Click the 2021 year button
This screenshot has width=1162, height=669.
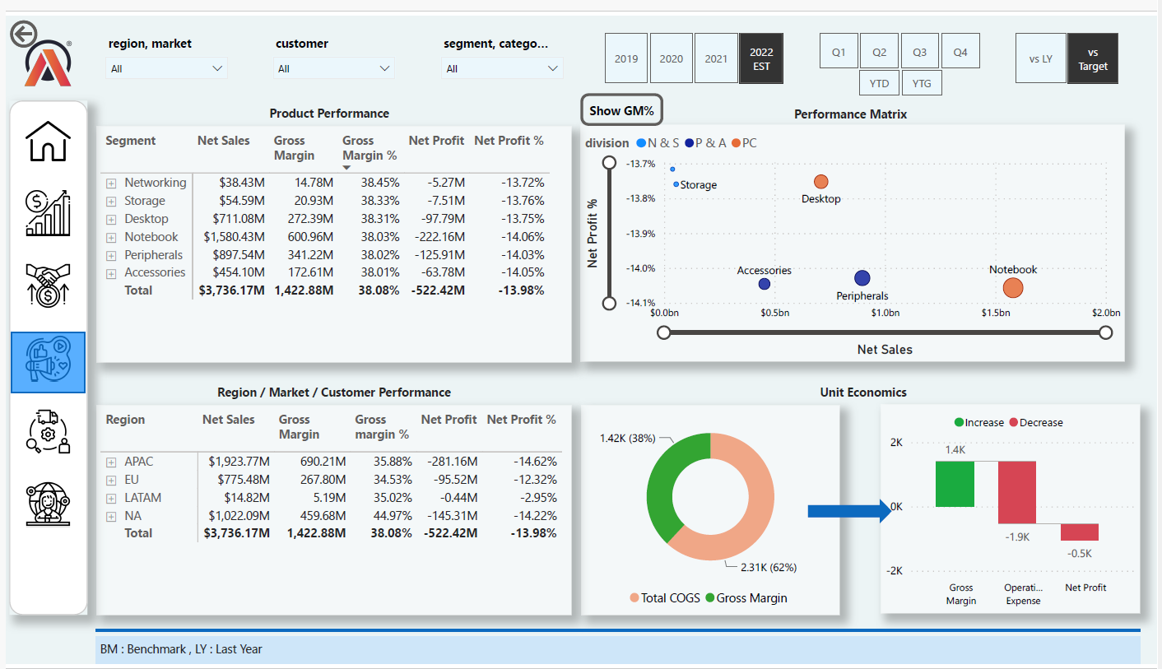click(716, 58)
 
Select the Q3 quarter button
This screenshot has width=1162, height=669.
click(919, 52)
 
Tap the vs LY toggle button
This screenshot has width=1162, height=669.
click(1040, 58)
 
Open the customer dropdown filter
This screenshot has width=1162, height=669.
click(333, 68)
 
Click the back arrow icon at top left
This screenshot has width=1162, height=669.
click(23, 34)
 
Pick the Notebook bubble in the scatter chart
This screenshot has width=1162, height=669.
click(1013, 288)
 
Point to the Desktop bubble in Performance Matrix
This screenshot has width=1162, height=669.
click(820, 182)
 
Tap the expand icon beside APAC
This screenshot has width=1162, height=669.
click(111, 462)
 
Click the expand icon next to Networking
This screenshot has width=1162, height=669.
click(111, 184)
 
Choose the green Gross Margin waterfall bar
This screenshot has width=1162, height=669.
click(954, 484)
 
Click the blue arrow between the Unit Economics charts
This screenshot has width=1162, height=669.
click(848, 511)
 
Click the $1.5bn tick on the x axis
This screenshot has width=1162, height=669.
click(995, 313)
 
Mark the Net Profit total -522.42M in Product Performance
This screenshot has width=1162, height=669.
click(436, 290)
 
